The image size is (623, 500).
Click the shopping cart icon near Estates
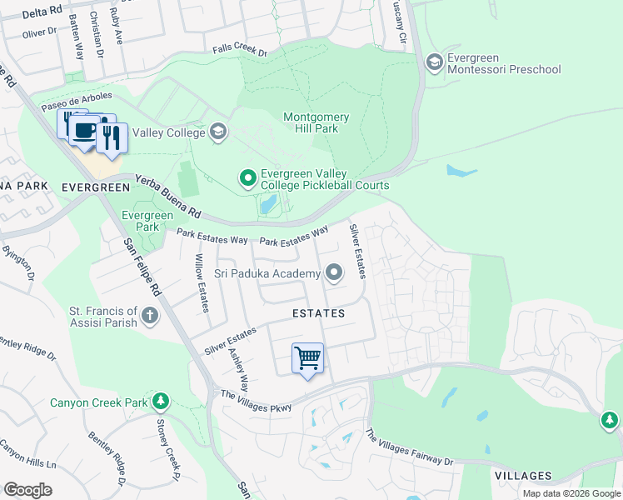pos(307,358)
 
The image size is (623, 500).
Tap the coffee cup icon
pos(84,131)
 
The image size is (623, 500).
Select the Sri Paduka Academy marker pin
pos(334,272)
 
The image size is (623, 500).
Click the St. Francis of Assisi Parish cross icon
pos(150,315)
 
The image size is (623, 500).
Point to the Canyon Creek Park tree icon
pos(160,402)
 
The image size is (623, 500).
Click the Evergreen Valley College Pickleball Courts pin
pos(247,178)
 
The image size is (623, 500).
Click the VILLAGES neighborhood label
pos(522,476)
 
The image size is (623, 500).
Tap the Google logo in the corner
pos(27,489)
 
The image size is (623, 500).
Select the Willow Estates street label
pos(202,283)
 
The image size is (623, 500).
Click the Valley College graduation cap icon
pos(217,132)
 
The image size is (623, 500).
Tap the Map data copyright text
pos(571,493)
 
